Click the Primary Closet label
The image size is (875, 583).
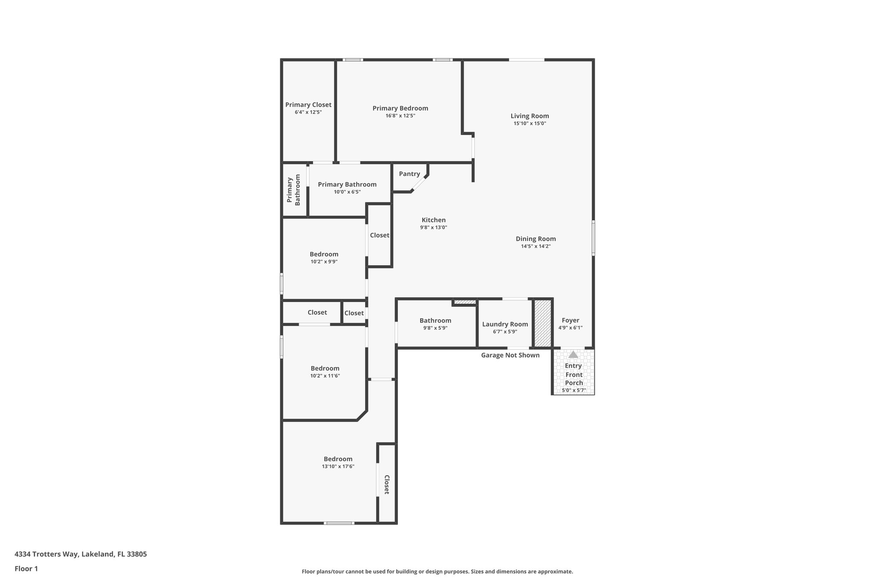tap(308, 105)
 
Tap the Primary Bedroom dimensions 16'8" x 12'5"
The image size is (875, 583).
tap(400, 116)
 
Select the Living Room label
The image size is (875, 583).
tap(530, 116)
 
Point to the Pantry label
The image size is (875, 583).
tap(409, 174)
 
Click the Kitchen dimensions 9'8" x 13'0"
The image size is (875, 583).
tap(433, 228)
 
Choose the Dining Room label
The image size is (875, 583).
tap(535, 239)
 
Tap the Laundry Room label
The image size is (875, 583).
tap(505, 324)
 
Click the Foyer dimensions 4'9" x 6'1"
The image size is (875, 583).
tap(570, 328)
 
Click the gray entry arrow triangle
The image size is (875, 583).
tap(573, 354)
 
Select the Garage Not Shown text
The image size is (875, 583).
tap(510, 355)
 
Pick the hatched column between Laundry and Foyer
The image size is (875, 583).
tap(543, 323)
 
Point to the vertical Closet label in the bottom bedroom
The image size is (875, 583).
tap(387, 484)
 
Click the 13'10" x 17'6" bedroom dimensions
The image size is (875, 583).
tap(338, 466)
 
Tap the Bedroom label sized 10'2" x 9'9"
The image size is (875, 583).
tap(324, 254)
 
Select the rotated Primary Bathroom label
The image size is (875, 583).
tap(294, 191)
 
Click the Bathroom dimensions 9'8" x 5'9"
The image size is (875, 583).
tap(435, 328)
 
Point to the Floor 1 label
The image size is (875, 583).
tap(26, 568)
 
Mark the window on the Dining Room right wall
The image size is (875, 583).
tap(593, 238)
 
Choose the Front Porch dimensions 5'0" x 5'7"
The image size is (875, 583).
tap(573, 390)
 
